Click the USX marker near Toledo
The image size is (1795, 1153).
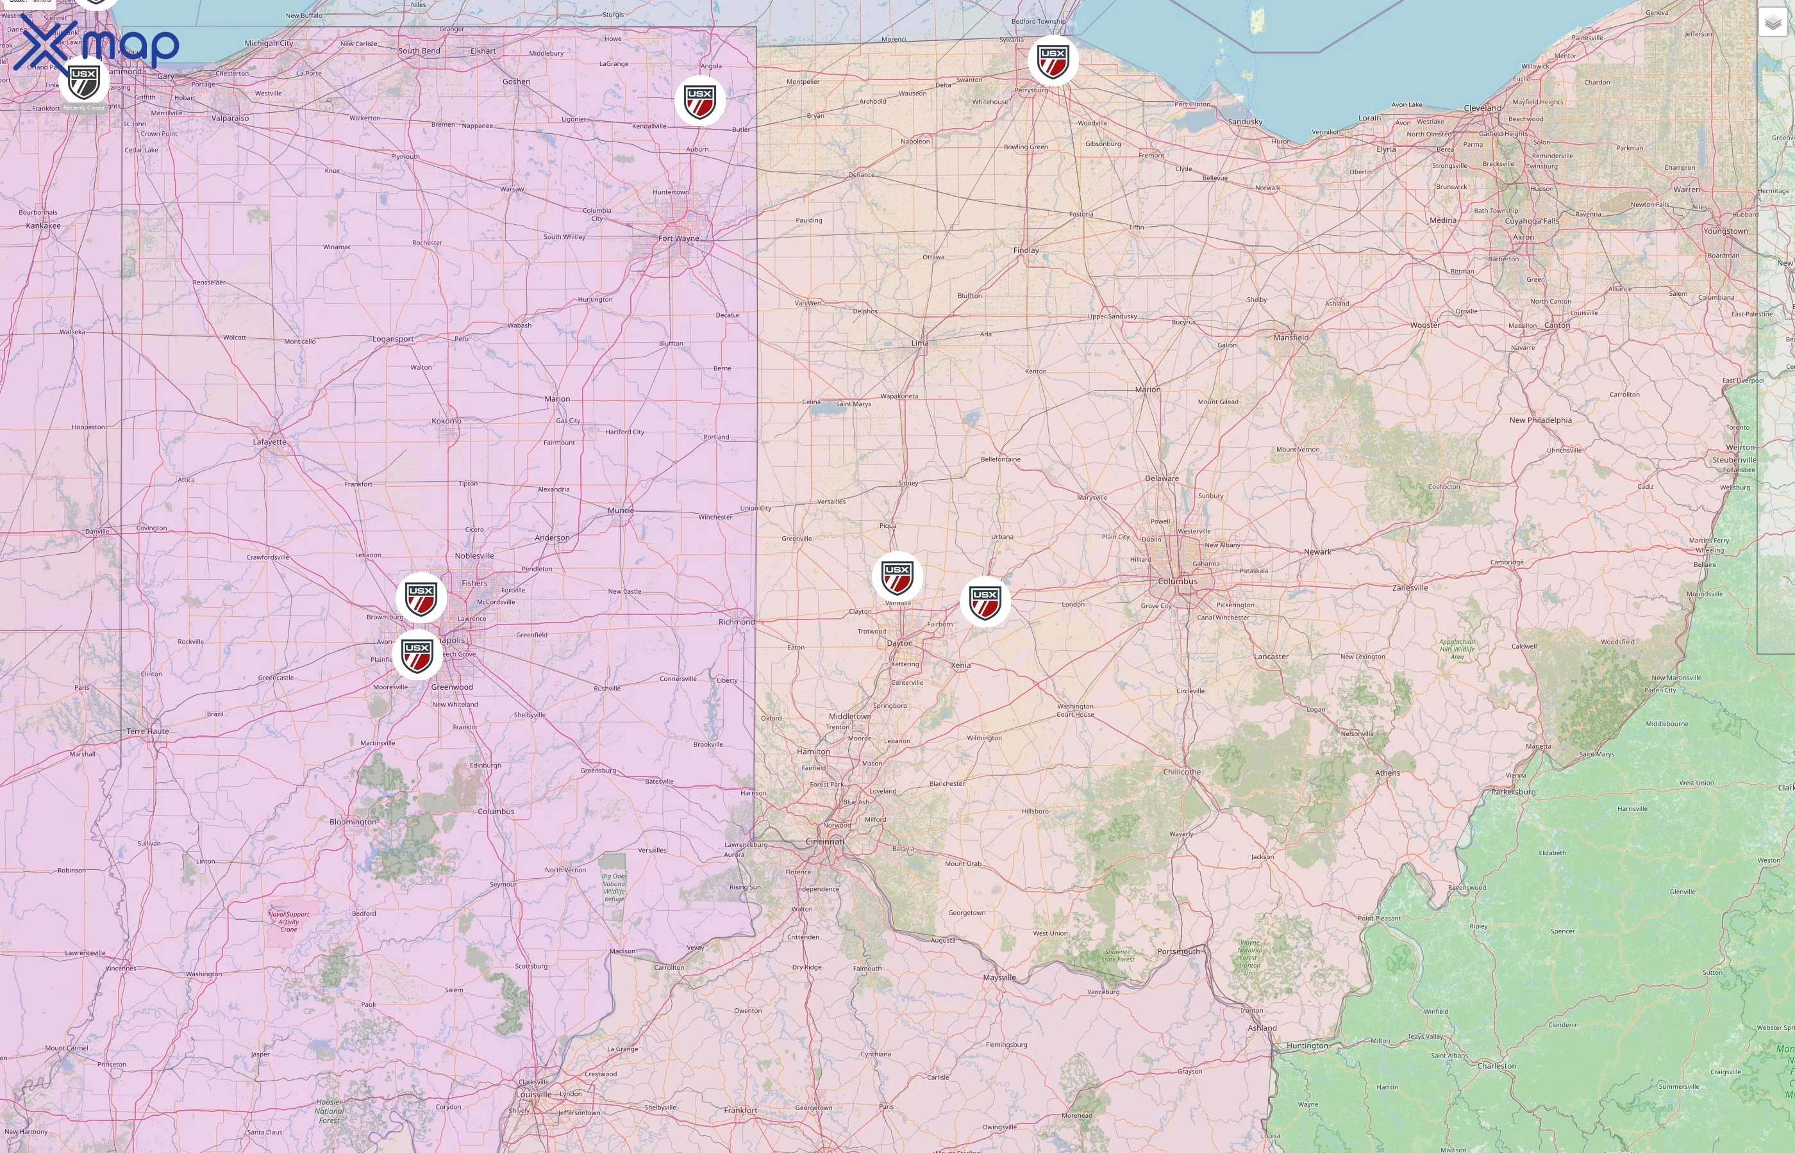(x=1053, y=60)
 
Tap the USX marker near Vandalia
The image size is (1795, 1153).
(x=897, y=576)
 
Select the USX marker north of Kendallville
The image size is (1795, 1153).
(x=699, y=101)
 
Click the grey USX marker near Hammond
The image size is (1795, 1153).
(x=84, y=81)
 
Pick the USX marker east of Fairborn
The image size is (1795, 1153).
(x=985, y=601)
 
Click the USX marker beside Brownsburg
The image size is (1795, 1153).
(x=421, y=598)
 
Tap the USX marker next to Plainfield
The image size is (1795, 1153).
(x=417, y=655)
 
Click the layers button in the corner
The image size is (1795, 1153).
(x=1773, y=22)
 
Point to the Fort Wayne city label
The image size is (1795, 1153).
(x=678, y=239)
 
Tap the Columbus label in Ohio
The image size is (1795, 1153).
(x=1177, y=581)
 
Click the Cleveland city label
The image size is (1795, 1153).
(x=1483, y=108)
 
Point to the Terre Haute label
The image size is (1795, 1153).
(x=147, y=732)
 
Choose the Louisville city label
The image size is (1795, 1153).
(x=533, y=1094)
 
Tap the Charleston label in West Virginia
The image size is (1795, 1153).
(x=1496, y=1066)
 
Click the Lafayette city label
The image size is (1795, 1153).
(x=269, y=442)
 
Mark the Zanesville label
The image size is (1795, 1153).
(x=1409, y=588)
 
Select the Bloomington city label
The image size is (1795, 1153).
(x=353, y=821)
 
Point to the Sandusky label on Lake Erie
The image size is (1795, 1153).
(x=1245, y=121)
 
